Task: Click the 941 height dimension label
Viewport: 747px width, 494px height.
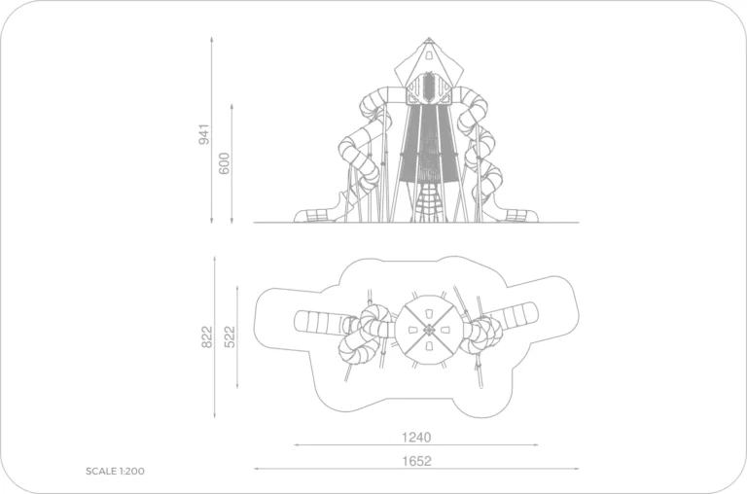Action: point(204,134)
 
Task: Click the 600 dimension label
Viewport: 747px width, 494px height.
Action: point(224,163)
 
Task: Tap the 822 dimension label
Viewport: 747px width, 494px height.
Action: point(207,336)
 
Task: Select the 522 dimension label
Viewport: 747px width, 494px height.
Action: point(230,336)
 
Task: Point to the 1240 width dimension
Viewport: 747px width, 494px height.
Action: point(416,438)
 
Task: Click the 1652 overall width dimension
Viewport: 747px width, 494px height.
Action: point(416,461)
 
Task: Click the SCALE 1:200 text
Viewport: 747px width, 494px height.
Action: point(115,471)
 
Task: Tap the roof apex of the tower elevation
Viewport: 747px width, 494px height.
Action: point(429,38)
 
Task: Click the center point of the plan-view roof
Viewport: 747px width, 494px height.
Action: point(429,330)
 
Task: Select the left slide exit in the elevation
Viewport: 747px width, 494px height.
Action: point(313,216)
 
